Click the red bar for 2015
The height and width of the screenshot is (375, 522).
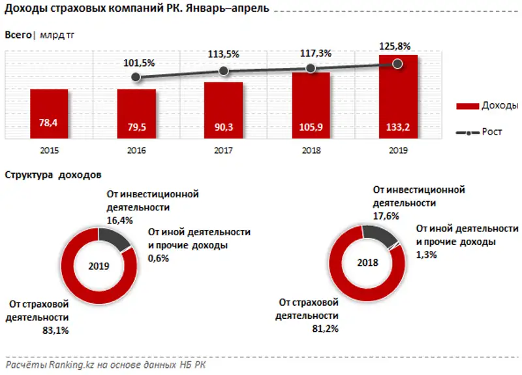pos(49,114)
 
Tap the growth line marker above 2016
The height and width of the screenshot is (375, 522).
pos(136,77)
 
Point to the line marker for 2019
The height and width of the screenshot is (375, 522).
pos(397,63)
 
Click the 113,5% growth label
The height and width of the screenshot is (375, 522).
pos(224,56)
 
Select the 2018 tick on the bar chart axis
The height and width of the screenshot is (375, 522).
pos(311,150)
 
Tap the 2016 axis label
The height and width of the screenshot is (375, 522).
pos(136,150)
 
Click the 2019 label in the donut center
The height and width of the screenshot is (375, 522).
pos(99,267)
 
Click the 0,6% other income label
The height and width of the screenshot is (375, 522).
pos(159,258)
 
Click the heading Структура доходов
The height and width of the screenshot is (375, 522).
pos(53,175)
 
